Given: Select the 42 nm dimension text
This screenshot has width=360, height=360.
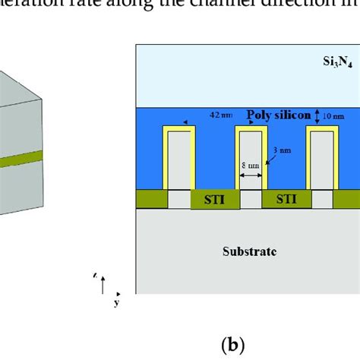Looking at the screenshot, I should tap(220, 116).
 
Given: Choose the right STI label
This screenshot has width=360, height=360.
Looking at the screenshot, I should tap(286, 201).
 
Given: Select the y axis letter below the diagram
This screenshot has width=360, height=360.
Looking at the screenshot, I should tap(116, 303).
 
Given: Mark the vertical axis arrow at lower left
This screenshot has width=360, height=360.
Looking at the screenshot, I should tap(103, 284).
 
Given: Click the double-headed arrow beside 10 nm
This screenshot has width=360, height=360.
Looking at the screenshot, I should tap(314, 116).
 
